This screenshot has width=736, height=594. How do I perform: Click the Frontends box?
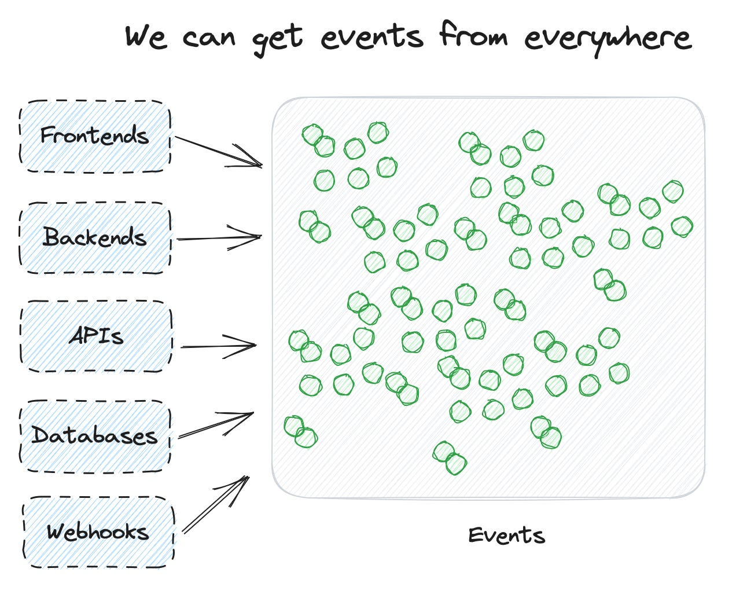pyautogui.click(x=95, y=136)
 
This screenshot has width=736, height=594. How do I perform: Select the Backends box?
pyautogui.click(x=95, y=237)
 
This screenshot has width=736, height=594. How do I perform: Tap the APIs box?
pyautogui.click(x=96, y=336)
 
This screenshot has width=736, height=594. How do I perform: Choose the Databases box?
pyautogui.click(x=95, y=435)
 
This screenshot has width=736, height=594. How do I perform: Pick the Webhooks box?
pyautogui.click(x=98, y=531)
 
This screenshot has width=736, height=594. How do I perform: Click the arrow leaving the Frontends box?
pyautogui.click(x=217, y=151)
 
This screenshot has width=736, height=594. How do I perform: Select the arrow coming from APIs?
pyautogui.click(x=218, y=347)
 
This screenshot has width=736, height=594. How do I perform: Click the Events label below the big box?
pyautogui.click(x=507, y=536)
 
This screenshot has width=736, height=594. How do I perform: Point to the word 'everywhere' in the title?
pyautogui.click(x=608, y=38)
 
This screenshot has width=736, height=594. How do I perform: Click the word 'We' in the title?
pyautogui.click(x=145, y=37)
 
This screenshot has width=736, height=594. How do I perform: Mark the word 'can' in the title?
pyautogui.click(x=209, y=38)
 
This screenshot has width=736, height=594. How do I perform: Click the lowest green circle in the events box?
pyautogui.click(x=456, y=464)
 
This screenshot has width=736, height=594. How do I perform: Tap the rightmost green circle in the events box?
pyautogui.click(x=682, y=226)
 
